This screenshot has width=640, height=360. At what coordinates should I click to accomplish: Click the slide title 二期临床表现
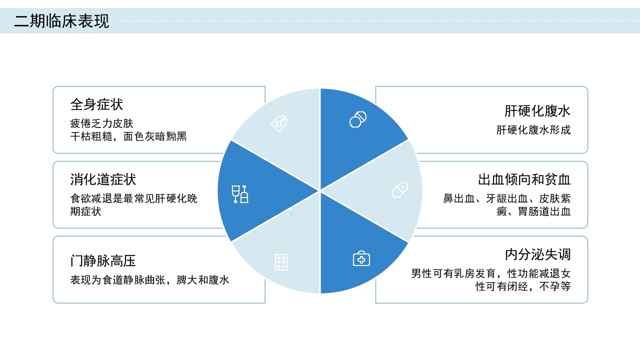point(61,21)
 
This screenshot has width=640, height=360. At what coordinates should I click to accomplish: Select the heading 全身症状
point(96,104)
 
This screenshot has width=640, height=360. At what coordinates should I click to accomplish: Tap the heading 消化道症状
point(103,179)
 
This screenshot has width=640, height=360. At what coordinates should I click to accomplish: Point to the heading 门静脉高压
point(103,261)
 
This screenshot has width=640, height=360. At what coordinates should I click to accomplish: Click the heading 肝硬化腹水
point(537,111)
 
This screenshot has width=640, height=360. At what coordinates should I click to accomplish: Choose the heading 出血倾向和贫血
point(524,179)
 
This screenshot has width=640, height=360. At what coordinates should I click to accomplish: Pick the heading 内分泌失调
point(537,254)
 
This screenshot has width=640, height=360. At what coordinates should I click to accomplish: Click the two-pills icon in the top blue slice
point(358,119)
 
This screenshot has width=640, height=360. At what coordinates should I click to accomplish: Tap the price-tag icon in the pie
point(279,123)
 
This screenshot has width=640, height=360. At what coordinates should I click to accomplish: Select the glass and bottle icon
point(240,194)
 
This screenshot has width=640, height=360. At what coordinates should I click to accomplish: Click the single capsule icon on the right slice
point(399,190)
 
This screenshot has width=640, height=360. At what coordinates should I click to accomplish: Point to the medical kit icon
point(361,258)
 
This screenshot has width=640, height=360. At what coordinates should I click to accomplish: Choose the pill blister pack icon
point(281,262)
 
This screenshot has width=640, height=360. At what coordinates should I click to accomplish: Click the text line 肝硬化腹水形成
point(533,130)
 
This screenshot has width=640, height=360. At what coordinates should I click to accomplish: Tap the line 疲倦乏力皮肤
point(102,123)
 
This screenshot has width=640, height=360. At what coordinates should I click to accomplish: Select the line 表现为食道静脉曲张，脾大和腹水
point(149,280)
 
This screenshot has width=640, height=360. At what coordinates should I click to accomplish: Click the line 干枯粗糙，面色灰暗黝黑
point(128,136)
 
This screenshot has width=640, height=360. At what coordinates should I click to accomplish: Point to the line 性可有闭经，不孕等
point(523,286)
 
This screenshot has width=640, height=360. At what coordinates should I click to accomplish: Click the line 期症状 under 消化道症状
point(85,211)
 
